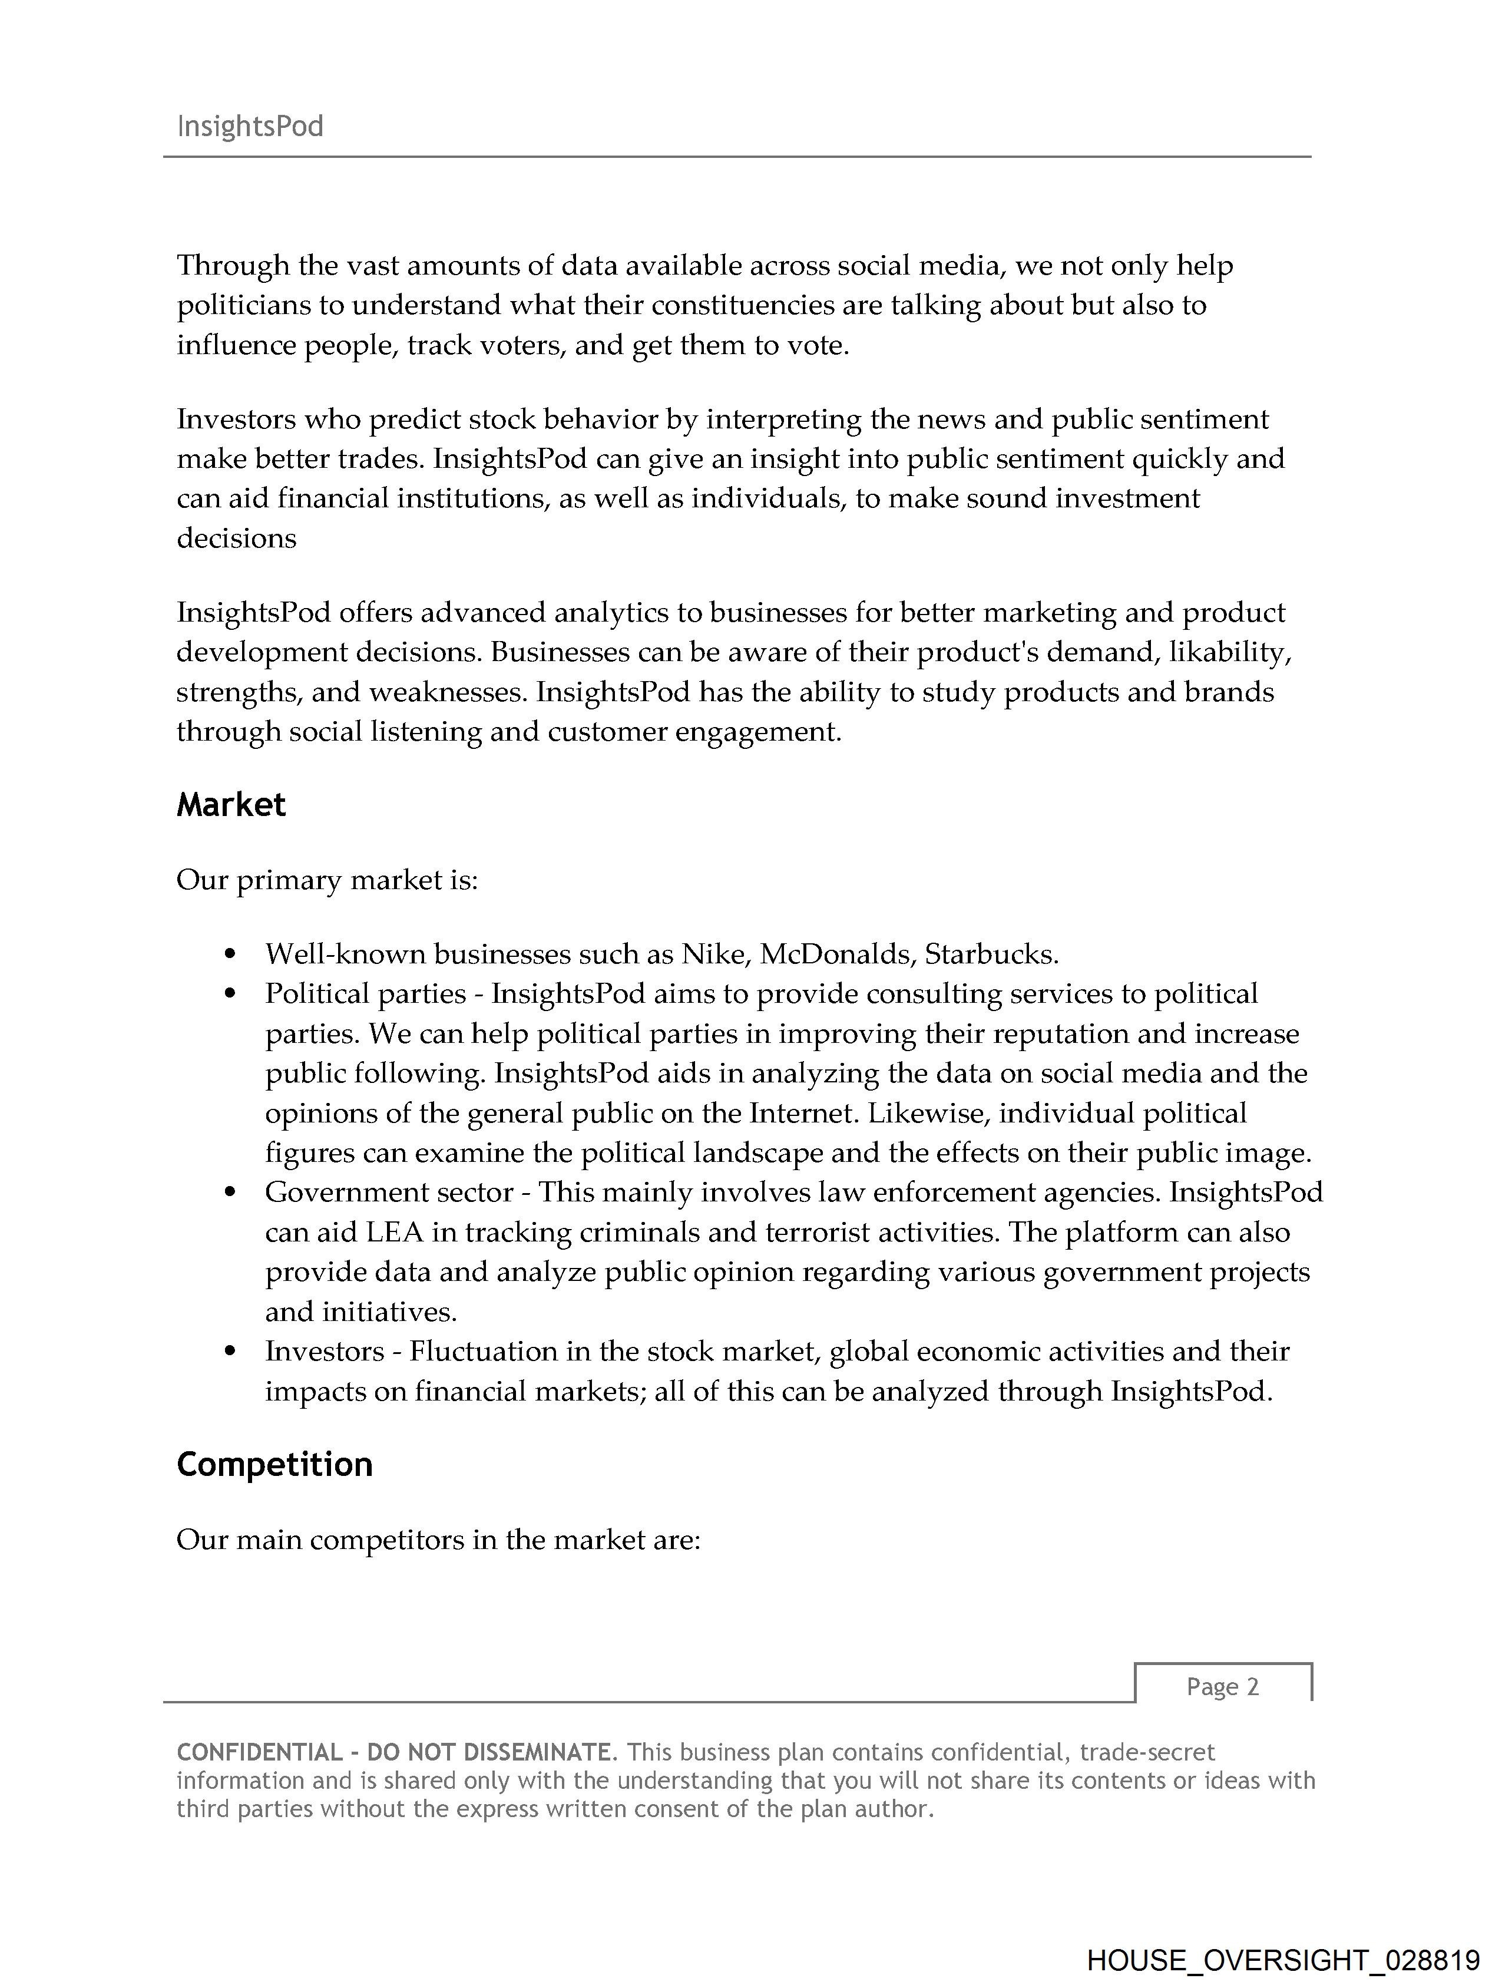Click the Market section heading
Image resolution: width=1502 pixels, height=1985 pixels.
(230, 805)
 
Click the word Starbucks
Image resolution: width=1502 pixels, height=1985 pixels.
(991, 954)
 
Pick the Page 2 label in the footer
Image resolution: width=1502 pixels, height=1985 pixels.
(1222, 1687)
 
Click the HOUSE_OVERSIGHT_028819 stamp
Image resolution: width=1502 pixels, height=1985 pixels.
(1282, 1960)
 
